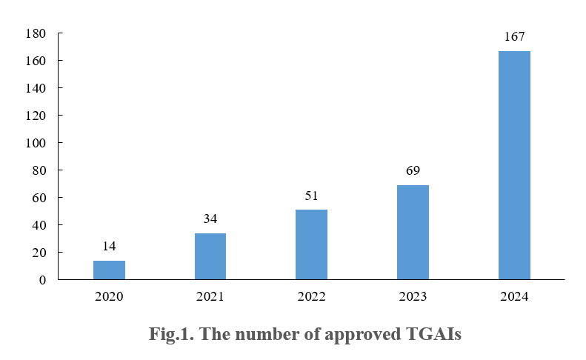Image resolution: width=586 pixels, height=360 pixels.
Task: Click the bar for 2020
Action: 109,270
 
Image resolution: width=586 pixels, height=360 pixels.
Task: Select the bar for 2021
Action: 210,256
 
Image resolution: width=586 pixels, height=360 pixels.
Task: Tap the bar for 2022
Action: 311,244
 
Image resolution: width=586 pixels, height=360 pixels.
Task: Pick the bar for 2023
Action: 413,232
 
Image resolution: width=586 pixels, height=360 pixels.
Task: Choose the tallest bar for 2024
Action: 514,165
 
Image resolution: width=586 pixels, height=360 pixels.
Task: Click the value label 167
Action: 514,36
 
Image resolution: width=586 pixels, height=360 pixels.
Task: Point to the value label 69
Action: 413,170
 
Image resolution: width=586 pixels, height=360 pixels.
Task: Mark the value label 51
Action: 311,196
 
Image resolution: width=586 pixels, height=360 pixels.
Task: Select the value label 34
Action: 210,219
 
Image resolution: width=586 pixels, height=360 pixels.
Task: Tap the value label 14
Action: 109,246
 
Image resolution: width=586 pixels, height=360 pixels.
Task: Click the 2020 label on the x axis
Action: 109,297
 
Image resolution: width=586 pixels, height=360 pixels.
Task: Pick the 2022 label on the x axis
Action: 311,297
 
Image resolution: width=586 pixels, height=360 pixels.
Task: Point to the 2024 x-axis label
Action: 514,297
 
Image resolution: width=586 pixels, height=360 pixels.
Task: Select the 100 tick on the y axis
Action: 36,143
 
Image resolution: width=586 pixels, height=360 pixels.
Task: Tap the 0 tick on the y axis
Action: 42,280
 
